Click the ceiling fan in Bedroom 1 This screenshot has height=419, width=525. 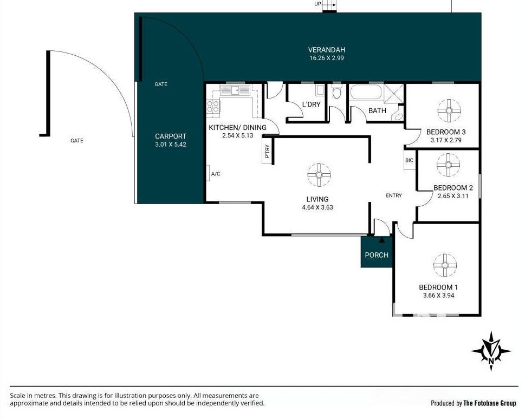pos(445,265)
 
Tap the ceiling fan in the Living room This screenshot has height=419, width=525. pos(319,175)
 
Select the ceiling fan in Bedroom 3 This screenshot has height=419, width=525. pos(449,110)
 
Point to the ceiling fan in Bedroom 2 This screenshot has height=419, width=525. pos(448,165)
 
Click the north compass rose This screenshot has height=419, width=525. pos(491,351)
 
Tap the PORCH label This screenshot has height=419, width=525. pos(377,255)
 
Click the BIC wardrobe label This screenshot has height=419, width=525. pos(409,160)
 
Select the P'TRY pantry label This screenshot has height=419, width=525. pos(267,151)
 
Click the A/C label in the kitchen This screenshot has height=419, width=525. pos(216,174)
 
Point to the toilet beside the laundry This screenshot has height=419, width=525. pos(337,91)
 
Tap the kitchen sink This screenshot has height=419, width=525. pos(235,90)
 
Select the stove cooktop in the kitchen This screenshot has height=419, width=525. pos(213,107)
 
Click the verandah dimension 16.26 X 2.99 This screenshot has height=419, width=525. pos(327,58)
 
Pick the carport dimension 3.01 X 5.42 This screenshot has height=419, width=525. pos(171,145)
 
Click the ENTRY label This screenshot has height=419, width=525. pos(394,195)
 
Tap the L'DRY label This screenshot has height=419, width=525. pos(311,104)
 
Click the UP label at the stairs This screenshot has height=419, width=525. pos(317,4)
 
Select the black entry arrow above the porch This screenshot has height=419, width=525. pos(381,240)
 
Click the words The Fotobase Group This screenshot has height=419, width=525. pos(489,403)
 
